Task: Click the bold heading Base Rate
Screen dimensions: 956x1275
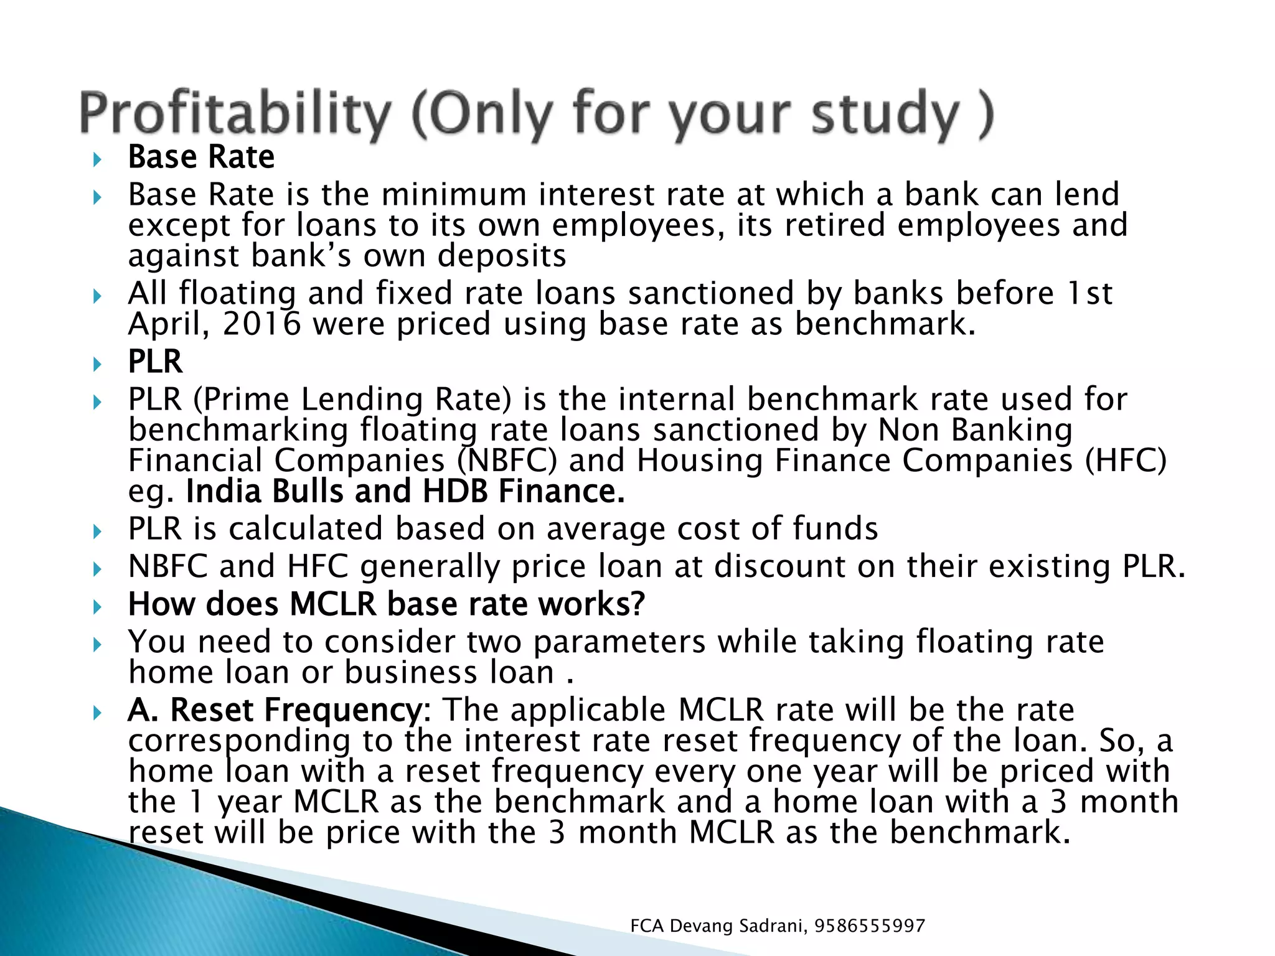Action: pyautogui.click(x=201, y=157)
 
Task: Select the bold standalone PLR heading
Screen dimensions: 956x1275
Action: pyautogui.click(x=155, y=362)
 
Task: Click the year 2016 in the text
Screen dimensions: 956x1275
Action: pyautogui.click(x=261, y=324)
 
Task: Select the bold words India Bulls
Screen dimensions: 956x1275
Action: pyautogui.click(x=264, y=491)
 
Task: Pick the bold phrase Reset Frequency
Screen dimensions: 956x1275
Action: pyautogui.click(x=296, y=710)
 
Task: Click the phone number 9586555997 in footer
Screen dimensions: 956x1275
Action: pyautogui.click(x=870, y=926)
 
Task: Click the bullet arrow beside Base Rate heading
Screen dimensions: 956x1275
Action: pyautogui.click(x=96, y=160)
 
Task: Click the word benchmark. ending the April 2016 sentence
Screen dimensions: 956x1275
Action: pyautogui.click(x=885, y=324)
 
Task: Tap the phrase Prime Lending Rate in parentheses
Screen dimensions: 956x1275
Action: pyautogui.click(x=352, y=399)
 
